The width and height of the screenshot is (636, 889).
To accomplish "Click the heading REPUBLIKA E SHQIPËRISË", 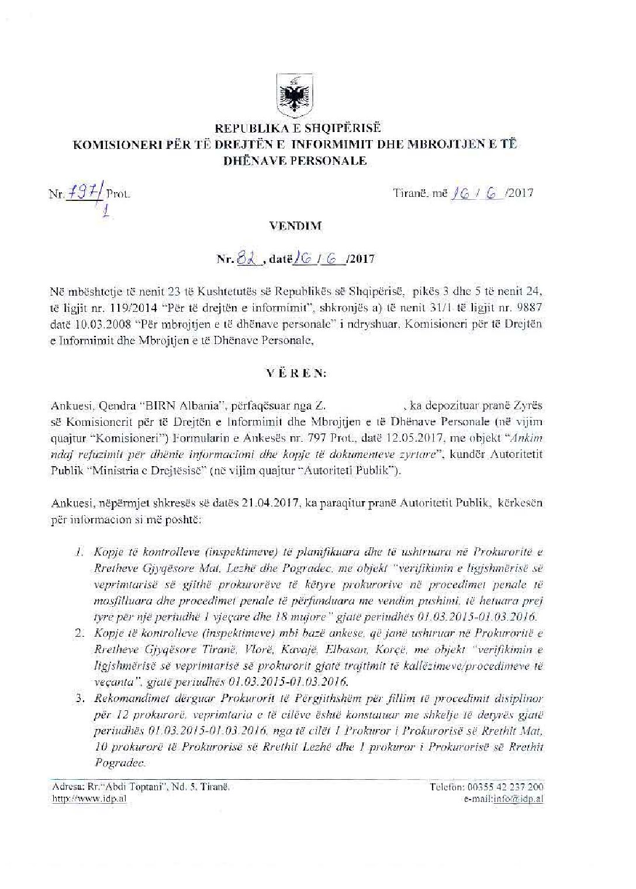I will (297, 127).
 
